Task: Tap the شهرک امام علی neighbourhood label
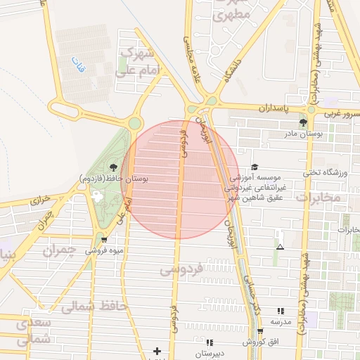[x=139, y=62]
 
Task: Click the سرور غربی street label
[x=342, y=113]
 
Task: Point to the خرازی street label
[x=39, y=200]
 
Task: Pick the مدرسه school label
[x=281, y=321]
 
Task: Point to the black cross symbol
[x=157, y=350]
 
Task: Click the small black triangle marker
[x=281, y=247]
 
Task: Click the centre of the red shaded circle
[x=180, y=180]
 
